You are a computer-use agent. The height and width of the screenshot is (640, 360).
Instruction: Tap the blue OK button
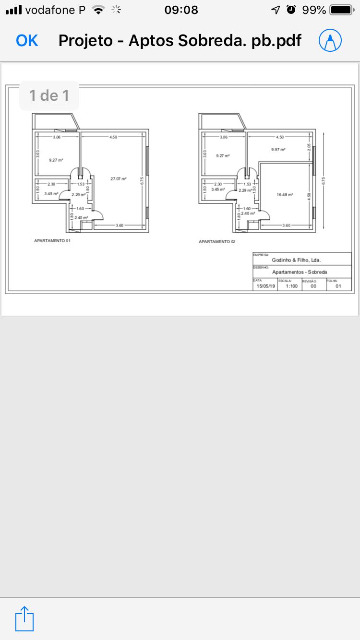[x=27, y=41]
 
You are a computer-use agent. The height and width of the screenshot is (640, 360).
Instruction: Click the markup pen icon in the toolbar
[x=330, y=41]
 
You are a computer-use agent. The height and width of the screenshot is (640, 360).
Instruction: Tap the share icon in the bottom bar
[x=24, y=619]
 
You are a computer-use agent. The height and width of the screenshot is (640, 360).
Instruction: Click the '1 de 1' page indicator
[x=49, y=95]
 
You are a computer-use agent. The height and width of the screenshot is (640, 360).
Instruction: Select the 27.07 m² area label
[x=119, y=179]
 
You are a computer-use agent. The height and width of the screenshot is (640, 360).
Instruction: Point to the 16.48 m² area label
[x=285, y=195]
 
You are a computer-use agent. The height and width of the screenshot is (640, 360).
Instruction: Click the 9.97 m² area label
[x=278, y=150]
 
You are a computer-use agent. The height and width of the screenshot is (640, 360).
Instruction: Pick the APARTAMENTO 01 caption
[x=52, y=241]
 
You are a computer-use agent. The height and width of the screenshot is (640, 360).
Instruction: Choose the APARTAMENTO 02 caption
[x=217, y=242]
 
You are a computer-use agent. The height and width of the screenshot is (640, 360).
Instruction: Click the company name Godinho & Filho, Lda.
[x=296, y=260]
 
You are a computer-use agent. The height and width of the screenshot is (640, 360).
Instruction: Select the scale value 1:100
[x=291, y=286]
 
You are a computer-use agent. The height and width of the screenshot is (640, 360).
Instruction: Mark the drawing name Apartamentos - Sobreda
[x=300, y=272]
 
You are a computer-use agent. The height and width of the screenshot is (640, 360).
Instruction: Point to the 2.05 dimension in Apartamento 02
[x=310, y=149]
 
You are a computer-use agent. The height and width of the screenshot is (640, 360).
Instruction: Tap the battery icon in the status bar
[x=341, y=10]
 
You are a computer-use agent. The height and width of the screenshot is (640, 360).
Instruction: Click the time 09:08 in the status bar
[x=181, y=10]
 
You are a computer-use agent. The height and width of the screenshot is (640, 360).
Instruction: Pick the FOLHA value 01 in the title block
[x=338, y=286]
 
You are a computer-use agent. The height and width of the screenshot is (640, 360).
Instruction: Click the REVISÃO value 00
[x=313, y=286]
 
